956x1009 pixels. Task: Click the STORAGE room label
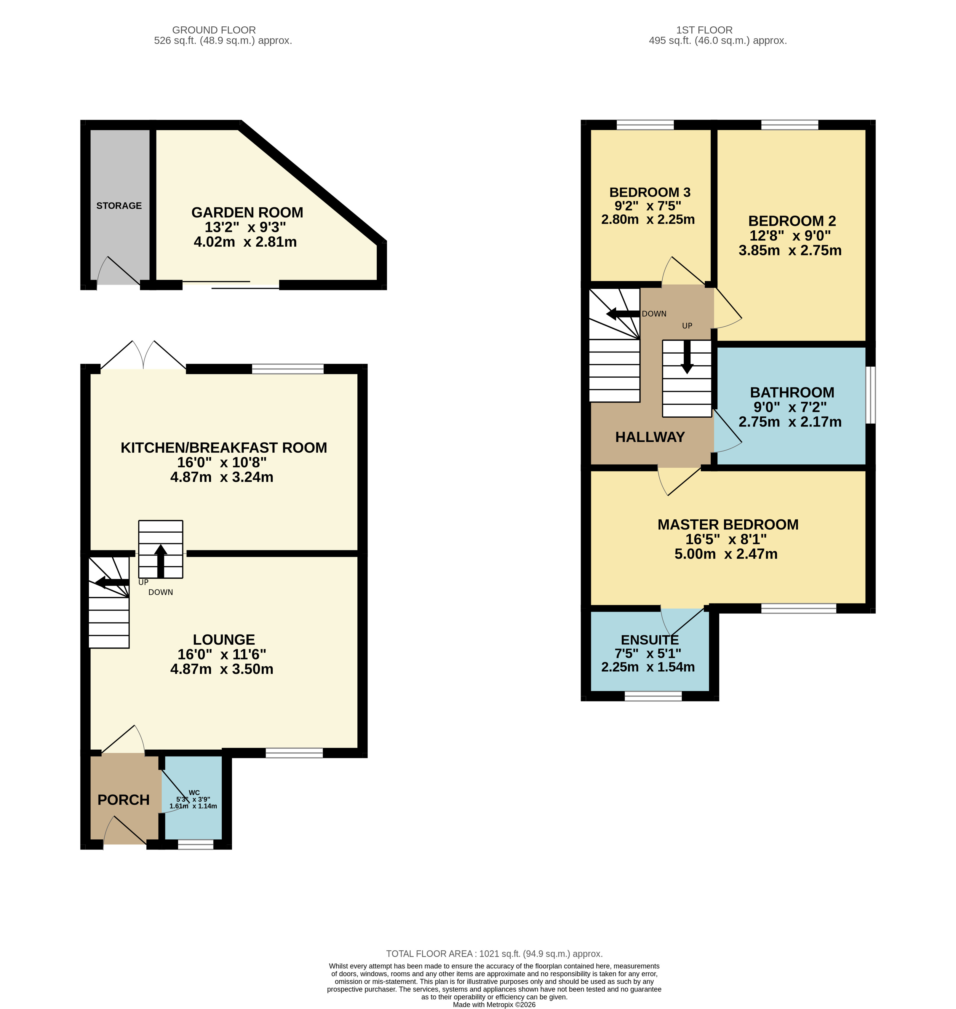(119, 206)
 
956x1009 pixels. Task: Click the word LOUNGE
(224, 640)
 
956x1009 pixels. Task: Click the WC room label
(194, 792)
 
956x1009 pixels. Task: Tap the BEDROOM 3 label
(650, 193)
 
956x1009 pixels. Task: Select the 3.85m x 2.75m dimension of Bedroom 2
(790, 251)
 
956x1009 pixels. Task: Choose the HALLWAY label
(650, 437)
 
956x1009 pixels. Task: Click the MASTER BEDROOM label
(728, 525)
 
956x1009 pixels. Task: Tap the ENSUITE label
(650, 640)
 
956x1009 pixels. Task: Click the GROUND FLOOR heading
(214, 30)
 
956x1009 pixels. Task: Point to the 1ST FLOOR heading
(704, 30)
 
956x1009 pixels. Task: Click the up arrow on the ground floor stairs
(161, 561)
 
